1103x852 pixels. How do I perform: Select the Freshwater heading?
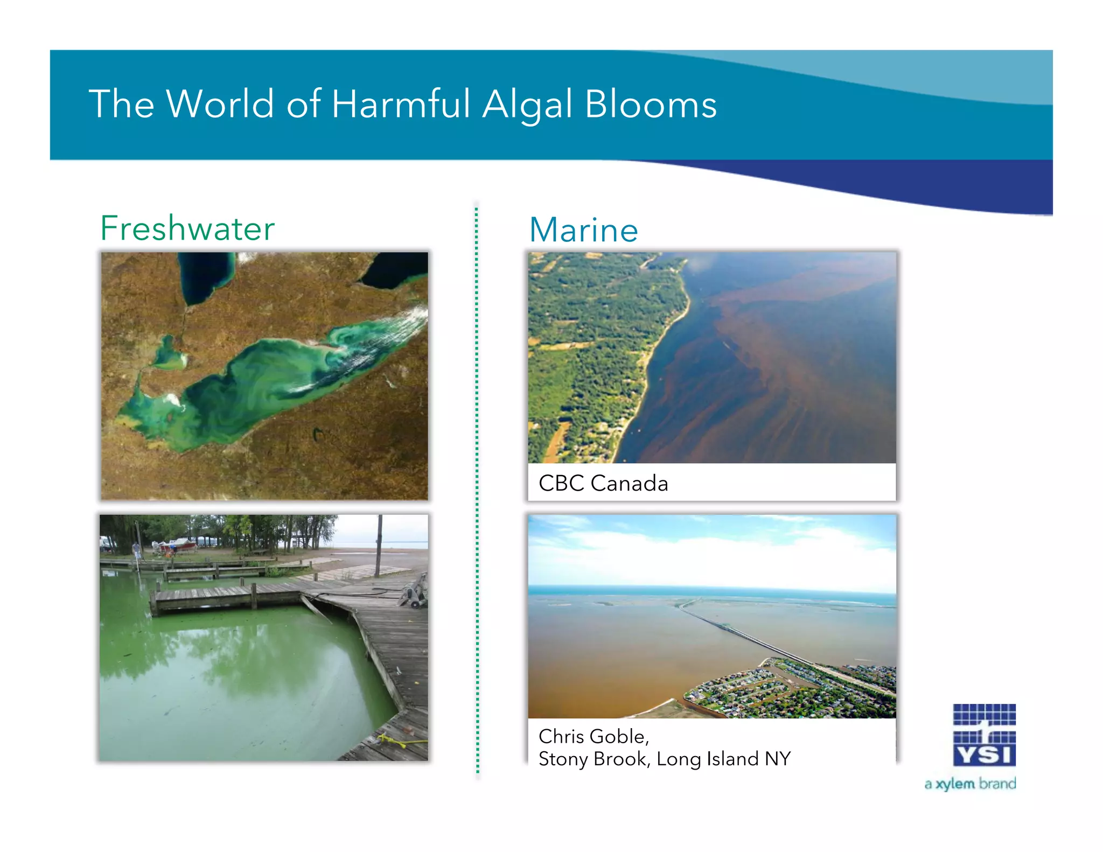coord(187,228)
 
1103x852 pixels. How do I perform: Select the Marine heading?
coord(584,230)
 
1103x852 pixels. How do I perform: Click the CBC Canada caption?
coord(603,483)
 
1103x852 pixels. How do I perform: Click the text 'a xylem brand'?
coord(970,784)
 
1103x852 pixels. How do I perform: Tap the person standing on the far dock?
coord(137,551)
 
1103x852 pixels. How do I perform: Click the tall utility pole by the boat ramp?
coord(379,544)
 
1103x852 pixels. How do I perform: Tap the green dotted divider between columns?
coord(477,485)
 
